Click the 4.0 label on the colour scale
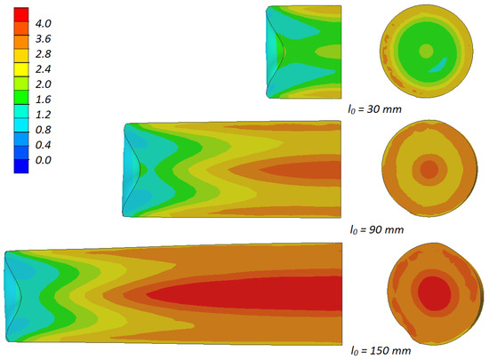pyautogui.click(x=43, y=23)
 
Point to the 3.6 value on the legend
pyautogui.click(x=43, y=38)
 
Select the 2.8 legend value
pyautogui.click(x=43, y=54)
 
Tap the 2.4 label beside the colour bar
pyautogui.click(x=43, y=68)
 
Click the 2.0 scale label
pyautogui.click(x=43, y=84)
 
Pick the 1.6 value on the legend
pyautogui.click(x=43, y=100)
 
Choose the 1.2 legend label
pyautogui.click(x=43, y=115)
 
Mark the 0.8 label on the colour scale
pyautogui.click(x=43, y=130)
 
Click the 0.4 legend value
pyautogui.click(x=43, y=145)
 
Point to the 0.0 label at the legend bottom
pyautogui.click(x=43, y=160)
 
